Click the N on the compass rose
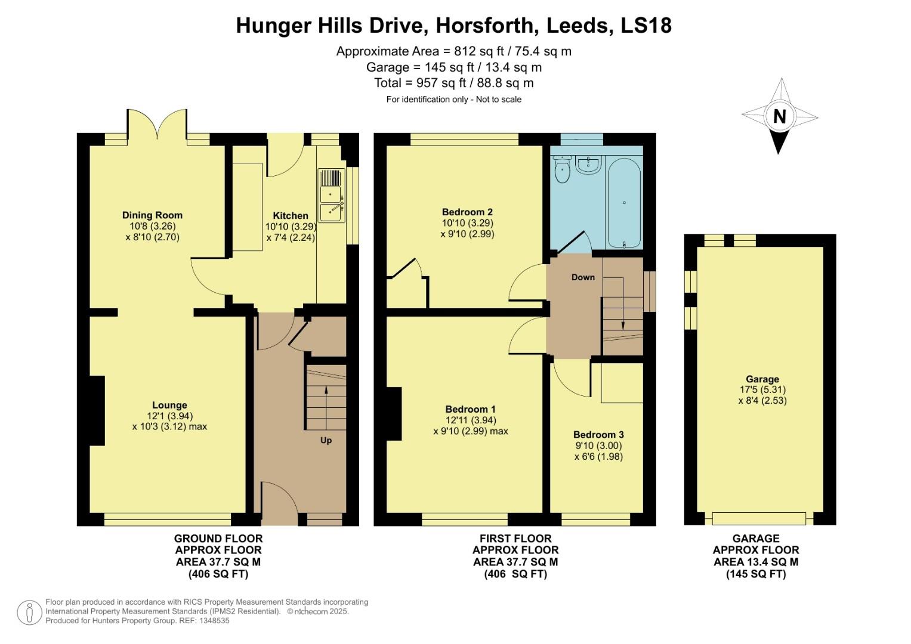coord(779,116)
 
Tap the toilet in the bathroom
coord(562,170)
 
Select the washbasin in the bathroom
coord(588,165)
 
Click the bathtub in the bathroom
coord(624,203)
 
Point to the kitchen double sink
coord(331,195)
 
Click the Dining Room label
coord(152,215)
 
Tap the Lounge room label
coord(169,405)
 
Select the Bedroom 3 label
coord(598,435)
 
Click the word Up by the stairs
coord(326,441)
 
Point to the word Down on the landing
coord(583,277)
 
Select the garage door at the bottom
coord(759,518)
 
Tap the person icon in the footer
coord(29,613)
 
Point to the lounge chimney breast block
coord(97,411)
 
